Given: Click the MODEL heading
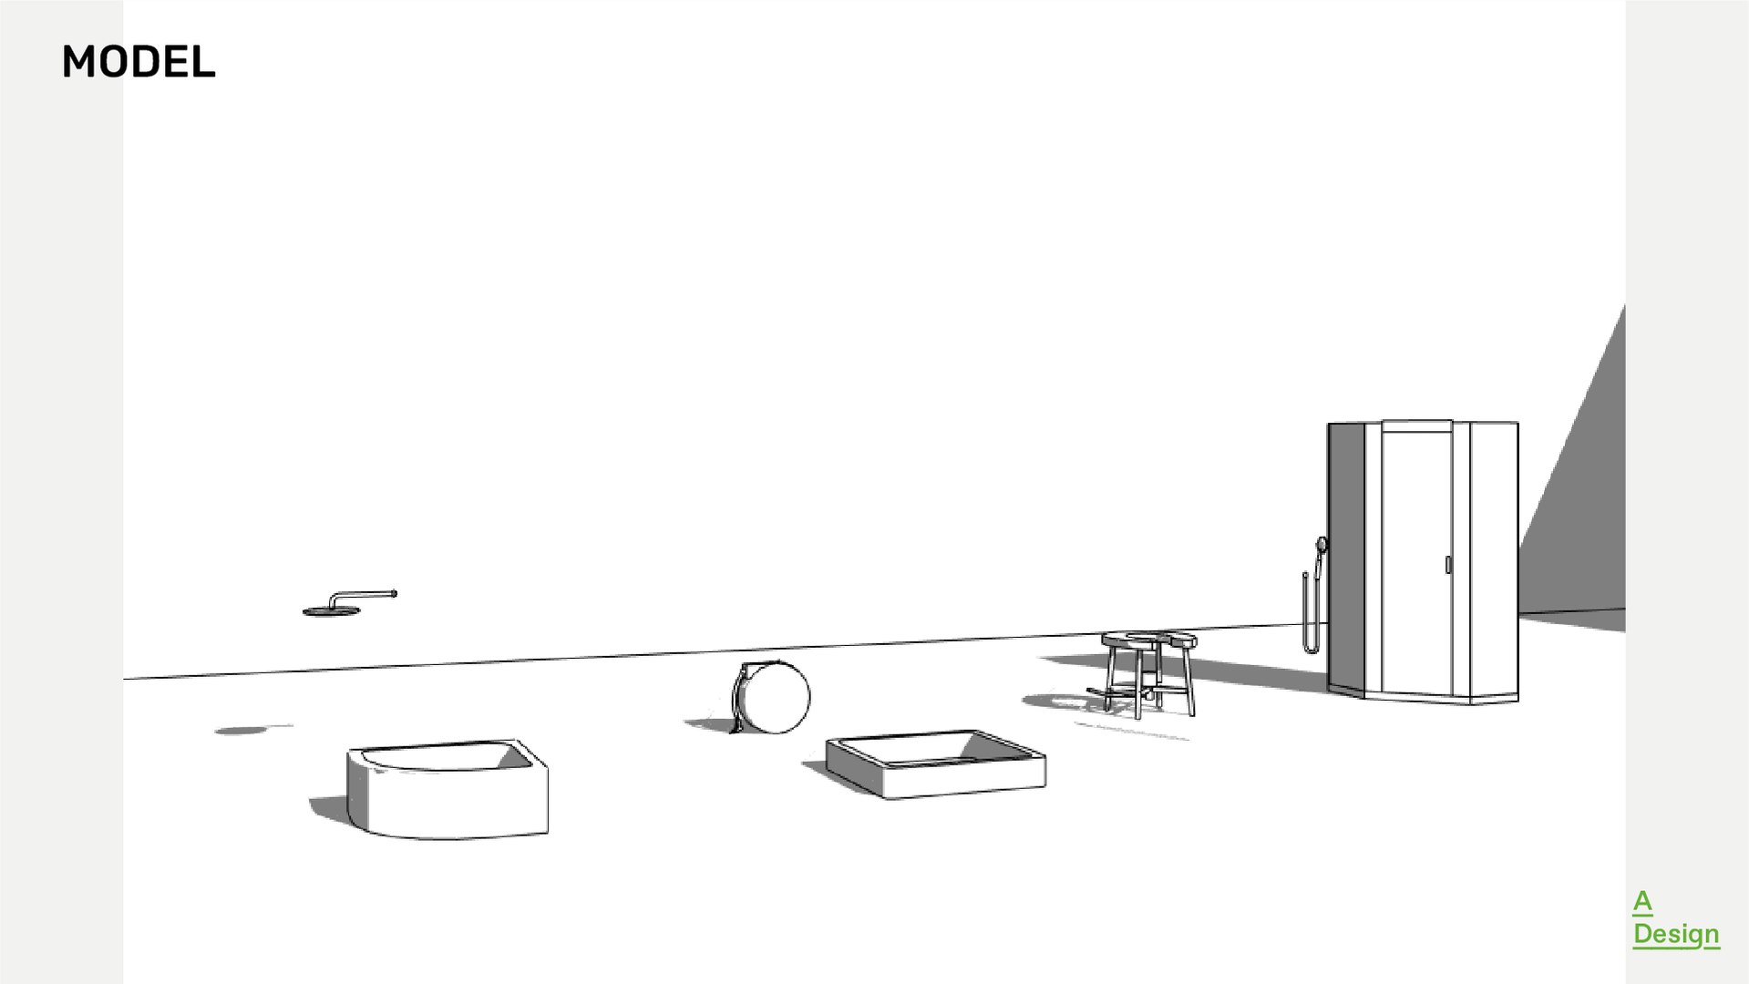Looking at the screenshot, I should coord(139,62).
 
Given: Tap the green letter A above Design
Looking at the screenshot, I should coord(1641,902).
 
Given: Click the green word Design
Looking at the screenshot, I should coord(1675,934).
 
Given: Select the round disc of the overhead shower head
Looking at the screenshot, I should coord(320,611).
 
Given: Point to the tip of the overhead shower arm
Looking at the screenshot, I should coord(393,594).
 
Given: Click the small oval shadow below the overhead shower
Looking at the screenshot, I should coord(239,730).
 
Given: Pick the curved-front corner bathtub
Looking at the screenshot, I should coord(447,802).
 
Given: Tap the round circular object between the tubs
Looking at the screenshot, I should coord(777,698).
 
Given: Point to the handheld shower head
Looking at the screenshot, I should coord(1321,545).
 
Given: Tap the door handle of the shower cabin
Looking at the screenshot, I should coord(1447,565).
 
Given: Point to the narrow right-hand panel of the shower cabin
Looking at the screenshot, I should coord(1494,560).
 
